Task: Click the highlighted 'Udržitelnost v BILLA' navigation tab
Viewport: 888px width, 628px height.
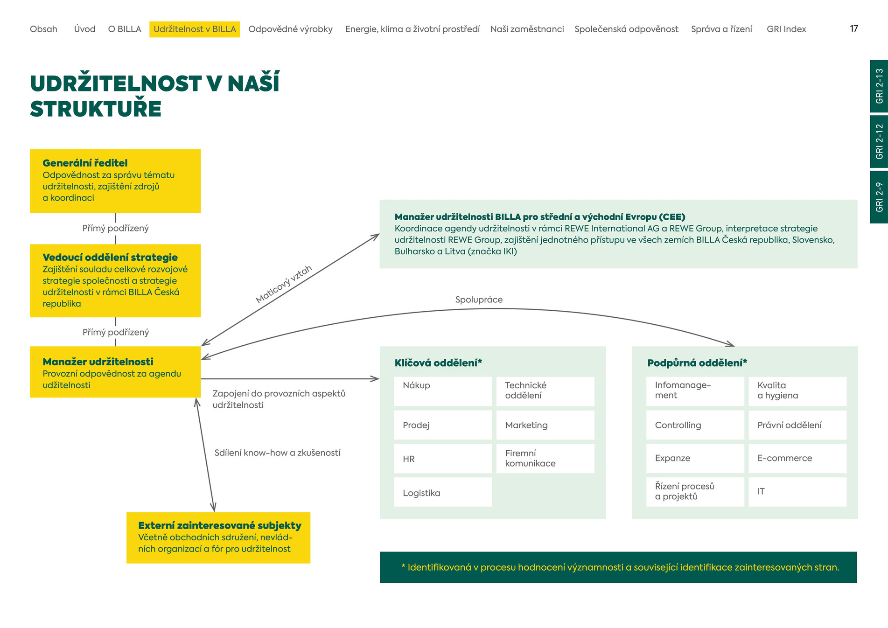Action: point(195,29)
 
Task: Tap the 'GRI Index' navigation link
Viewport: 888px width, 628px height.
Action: point(786,29)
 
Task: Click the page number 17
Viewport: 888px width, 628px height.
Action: point(854,28)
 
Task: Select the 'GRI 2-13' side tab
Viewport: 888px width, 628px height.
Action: point(879,86)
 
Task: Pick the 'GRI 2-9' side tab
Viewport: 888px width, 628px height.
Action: point(879,197)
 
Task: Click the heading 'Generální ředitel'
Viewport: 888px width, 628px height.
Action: point(85,163)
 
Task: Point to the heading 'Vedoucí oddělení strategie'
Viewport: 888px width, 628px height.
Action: point(110,257)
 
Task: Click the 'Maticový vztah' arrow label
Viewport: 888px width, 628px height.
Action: point(284,284)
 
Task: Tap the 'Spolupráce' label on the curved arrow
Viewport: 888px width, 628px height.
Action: point(479,300)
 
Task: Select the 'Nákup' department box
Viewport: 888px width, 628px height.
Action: point(443,391)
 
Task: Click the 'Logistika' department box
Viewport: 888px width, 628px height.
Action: point(443,492)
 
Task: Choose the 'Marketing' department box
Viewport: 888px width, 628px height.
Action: point(545,425)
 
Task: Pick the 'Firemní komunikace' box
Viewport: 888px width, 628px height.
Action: point(545,459)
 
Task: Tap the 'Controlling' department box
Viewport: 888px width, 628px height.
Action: point(695,425)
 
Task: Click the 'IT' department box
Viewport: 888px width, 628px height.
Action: point(797,492)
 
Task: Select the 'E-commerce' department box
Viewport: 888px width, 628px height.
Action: point(797,459)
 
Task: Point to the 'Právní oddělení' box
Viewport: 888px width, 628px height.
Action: point(797,425)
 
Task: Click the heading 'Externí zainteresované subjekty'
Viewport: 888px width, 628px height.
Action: point(220,525)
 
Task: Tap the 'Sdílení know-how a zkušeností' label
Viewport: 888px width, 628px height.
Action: point(277,453)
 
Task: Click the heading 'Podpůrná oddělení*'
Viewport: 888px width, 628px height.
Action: point(697,363)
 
